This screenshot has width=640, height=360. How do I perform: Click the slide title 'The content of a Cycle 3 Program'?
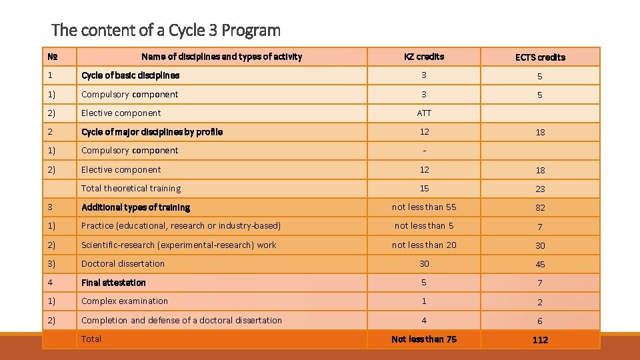click(x=166, y=30)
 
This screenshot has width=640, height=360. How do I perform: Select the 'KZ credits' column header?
click(x=424, y=57)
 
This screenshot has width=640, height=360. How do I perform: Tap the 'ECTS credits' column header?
click(x=540, y=57)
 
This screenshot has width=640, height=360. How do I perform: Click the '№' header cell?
click(x=51, y=57)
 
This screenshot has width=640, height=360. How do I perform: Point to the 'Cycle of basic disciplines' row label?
click(x=130, y=75)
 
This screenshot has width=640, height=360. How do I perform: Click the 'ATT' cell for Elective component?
click(x=424, y=113)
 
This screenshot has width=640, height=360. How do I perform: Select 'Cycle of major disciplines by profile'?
click(x=152, y=132)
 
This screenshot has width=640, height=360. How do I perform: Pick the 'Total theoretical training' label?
click(x=131, y=189)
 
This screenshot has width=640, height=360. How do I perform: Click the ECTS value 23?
click(x=540, y=189)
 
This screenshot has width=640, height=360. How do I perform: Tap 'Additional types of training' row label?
click(x=135, y=207)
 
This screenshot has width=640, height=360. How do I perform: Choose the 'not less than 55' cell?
click(x=424, y=207)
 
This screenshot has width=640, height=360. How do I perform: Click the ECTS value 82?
click(x=540, y=208)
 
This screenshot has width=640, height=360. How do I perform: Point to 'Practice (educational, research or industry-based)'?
click(x=181, y=226)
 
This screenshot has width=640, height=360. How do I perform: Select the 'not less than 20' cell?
click(x=424, y=245)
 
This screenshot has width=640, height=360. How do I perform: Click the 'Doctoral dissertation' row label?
click(x=123, y=264)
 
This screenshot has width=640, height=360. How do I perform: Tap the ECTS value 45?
click(x=540, y=265)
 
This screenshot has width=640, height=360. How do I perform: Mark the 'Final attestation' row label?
click(x=113, y=283)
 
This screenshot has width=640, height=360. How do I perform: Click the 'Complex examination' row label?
click(x=125, y=301)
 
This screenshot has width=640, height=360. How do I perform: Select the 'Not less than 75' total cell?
click(x=424, y=339)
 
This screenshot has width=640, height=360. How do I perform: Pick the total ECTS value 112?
click(x=540, y=340)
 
